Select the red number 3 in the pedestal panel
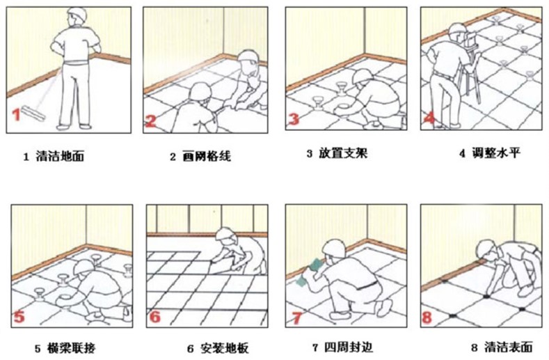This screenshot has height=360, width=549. (294, 119)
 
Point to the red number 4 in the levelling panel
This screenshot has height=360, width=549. (429, 118)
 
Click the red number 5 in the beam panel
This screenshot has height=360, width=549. (19, 317)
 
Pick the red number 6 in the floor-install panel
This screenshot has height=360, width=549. (154, 318)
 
